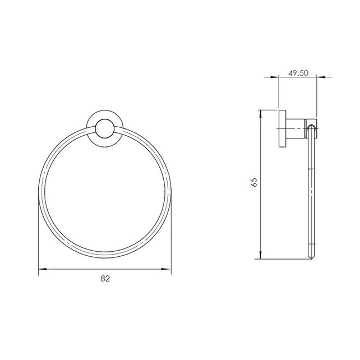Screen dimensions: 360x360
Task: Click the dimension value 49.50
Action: (298, 73)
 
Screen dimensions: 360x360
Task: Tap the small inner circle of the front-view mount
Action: (104, 130)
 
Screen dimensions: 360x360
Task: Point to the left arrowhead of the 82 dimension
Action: (40, 270)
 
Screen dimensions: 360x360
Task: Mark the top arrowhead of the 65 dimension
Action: (261, 112)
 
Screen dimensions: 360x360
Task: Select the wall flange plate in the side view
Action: (282, 128)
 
